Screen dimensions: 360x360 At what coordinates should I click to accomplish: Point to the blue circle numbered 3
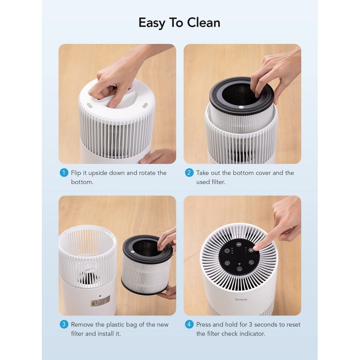coord(64,324)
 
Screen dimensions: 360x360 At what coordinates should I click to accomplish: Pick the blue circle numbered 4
coord(189,324)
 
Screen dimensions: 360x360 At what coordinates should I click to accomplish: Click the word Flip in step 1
coord(77,173)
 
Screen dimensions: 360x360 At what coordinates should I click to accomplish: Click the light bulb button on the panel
coord(227,262)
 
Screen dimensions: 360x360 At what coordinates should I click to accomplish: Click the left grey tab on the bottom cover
coord(89,104)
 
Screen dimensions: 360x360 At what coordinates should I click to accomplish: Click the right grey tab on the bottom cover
coord(145,106)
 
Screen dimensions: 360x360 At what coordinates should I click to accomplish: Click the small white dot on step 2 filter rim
coord(241,107)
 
